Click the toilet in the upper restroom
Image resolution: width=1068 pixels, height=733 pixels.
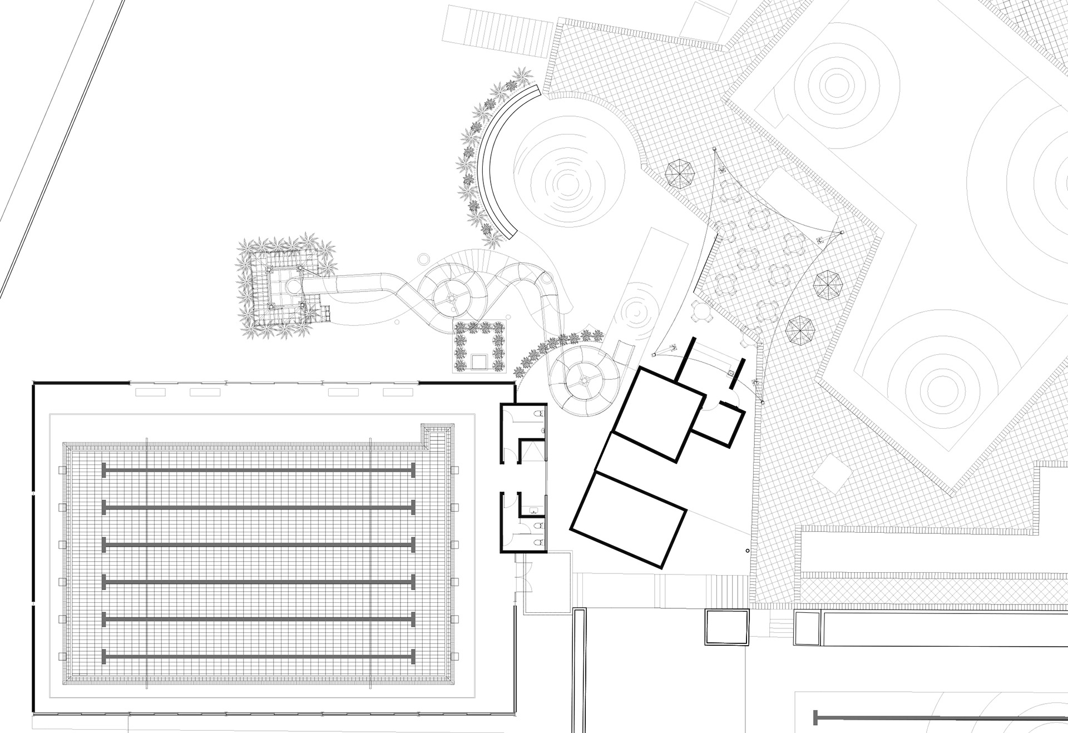click(538, 414)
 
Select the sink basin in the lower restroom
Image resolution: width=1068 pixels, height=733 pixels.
click(533, 510)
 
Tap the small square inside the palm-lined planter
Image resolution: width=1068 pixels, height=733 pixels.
click(479, 361)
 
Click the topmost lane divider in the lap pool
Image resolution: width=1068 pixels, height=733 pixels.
click(258, 470)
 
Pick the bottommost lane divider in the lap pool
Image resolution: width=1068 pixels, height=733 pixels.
click(258, 656)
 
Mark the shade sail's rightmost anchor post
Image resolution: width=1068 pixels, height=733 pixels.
click(842, 232)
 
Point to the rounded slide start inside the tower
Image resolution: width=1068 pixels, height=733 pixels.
click(291, 286)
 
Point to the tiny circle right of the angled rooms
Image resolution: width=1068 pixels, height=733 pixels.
click(748, 551)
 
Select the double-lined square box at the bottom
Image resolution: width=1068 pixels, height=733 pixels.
click(727, 627)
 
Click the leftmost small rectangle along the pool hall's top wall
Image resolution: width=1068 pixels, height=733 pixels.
click(151, 392)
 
